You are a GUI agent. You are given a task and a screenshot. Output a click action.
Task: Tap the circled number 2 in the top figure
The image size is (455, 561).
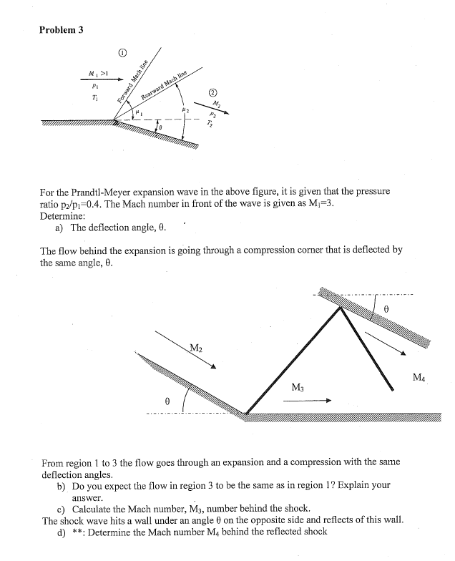[212, 92]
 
